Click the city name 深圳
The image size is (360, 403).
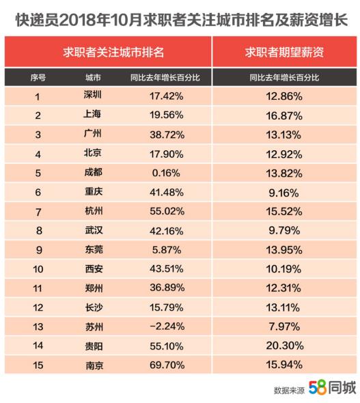92,95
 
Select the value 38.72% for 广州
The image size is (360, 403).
167,135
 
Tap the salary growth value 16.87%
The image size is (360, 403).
284,115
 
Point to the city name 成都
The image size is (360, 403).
94,172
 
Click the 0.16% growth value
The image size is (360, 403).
166,173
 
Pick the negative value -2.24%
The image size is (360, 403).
167,326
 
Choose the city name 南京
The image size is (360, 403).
94,365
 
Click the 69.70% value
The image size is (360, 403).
167,365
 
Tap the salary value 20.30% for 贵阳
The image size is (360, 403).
285,346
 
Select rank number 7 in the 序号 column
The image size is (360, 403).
38,212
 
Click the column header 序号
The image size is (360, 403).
38,77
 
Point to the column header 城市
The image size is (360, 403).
93,77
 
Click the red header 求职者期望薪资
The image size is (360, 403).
284,52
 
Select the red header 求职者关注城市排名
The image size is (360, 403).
113,52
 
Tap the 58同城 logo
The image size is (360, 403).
332,387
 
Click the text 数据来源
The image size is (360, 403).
289,391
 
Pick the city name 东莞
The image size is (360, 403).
94,249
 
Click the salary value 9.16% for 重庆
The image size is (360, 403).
283,193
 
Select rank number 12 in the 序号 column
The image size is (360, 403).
38,307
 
